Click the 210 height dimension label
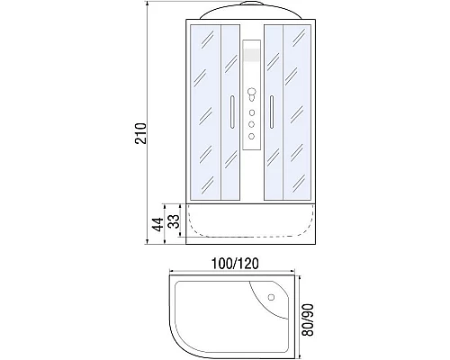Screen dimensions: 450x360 pyautogui.click(x=140, y=133)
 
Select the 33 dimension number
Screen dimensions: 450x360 pyautogui.click(x=174, y=221)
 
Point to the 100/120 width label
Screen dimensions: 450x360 pyautogui.click(x=235, y=264)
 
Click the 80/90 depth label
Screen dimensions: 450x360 pyautogui.click(x=308, y=320)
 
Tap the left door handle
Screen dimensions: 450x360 pyautogui.click(x=232, y=112)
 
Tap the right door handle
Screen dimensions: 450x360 pyautogui.click(x=272, y=112)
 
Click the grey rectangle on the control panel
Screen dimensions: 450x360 pyautogui.click(x=252, y=55)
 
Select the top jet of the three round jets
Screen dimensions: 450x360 pyautogui.click(x=252, y=112)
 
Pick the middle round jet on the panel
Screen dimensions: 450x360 pyautogui.click(x=252, y=124)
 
